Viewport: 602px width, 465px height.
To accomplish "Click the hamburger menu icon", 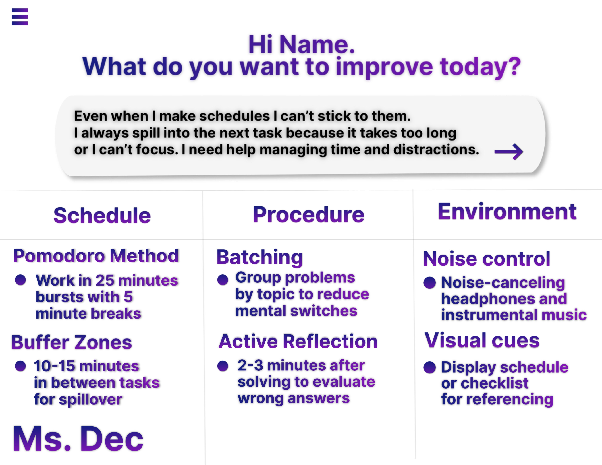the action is point(20,17).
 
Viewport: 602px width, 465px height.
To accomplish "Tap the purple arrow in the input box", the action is point(509,152).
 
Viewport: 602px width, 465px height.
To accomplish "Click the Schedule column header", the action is point(102,215).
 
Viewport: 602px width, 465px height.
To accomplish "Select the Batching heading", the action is point(260,257).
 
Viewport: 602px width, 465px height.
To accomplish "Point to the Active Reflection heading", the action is point(298,341).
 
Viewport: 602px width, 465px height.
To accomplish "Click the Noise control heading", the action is point(487,259).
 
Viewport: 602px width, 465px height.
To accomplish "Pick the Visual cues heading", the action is point(482,340).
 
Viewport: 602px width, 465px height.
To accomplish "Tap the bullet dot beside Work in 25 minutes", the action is point(20,280).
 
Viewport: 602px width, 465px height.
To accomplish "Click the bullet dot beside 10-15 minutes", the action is point(20,366).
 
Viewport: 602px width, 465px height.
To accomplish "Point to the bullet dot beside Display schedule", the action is point(429,367).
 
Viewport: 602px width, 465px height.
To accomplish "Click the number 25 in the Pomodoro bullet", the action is point(105,281).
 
